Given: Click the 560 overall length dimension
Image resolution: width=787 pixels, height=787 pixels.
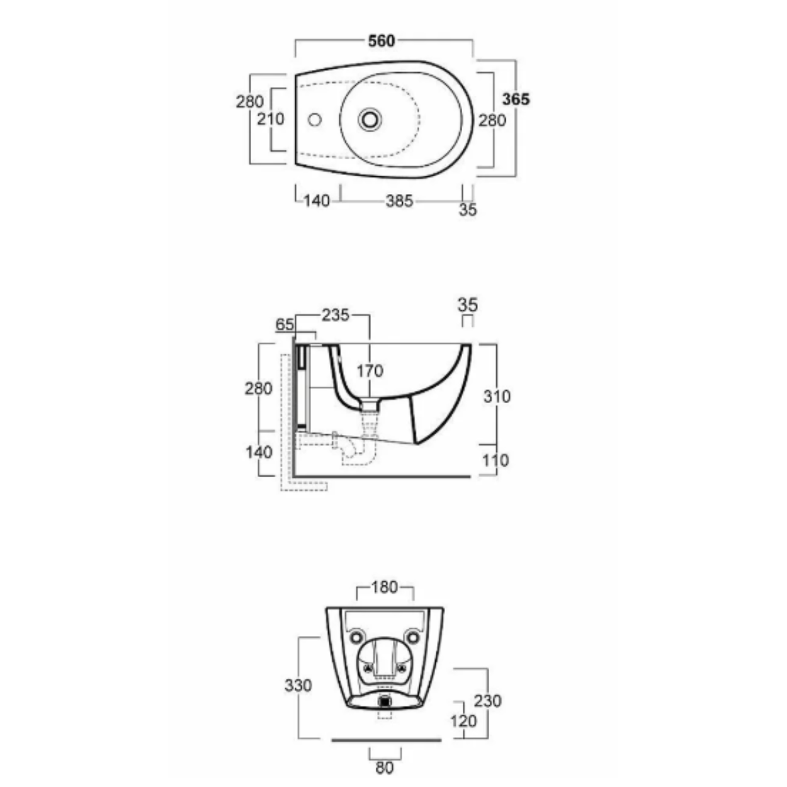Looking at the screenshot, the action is pyautogui.click(x=382, y=41).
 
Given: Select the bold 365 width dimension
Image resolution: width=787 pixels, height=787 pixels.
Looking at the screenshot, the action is pyautogui.click(x=516, y=99).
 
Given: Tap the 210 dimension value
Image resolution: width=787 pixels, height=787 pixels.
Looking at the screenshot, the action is pyautogui.click(x=270, y=119).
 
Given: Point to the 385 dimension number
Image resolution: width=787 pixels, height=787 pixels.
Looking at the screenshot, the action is pyautogui.click(x=399, y=201).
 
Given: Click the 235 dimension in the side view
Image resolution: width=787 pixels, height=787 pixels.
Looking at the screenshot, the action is pyautogui.click(x=336, y=315).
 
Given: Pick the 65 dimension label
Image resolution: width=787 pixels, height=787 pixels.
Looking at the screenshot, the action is pyautogui.click(x=285, y=325).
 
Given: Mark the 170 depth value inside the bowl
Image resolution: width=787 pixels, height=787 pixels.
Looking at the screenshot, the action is pyautogui.click(x=370, y=371).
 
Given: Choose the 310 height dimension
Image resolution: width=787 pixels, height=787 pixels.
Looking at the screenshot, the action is pyautogui.click(x=497, y=397).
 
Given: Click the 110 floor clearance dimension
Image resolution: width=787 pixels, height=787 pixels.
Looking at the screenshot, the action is pyautogui.click(x=495, y=461).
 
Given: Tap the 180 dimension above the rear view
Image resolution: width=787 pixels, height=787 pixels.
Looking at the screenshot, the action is pyautogui.click(x=385, y=587).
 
